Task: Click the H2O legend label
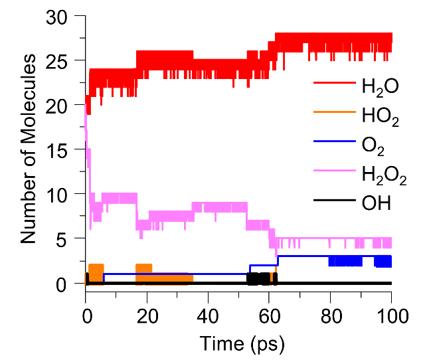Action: coord(379,87)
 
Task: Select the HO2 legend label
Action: coord(381,118)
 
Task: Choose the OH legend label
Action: coord(376,203)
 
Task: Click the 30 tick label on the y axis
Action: coord(60,17)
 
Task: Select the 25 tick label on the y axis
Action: coord(60,60)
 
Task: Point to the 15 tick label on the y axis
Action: coord(60,149)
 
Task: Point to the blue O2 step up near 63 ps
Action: coord(278,260)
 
